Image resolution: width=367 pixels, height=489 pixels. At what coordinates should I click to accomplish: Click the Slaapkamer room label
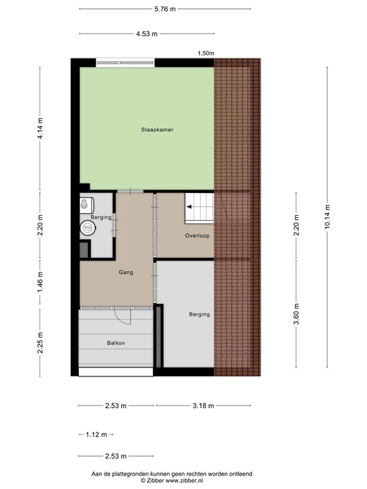coord(157,130)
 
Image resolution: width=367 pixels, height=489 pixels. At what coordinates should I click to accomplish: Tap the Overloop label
coord(198,236)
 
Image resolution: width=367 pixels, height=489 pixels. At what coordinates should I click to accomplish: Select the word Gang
coord(126,273)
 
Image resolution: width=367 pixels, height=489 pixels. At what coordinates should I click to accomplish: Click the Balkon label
coord(116,344)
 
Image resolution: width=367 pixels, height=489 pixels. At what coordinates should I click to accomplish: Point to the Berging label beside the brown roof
coord(199,315)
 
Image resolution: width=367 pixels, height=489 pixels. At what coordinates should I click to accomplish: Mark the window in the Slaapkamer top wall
coord(125,62)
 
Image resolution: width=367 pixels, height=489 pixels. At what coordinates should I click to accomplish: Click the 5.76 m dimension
coord(164,10)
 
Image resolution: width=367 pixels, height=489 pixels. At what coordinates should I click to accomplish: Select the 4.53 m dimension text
coord(146,34)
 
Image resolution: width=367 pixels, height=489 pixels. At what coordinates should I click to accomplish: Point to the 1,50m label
coord(206,53)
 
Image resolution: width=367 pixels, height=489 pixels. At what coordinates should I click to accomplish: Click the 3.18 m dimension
coord(203,406)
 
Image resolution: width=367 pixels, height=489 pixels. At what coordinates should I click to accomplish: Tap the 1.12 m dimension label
coord(96,434)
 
